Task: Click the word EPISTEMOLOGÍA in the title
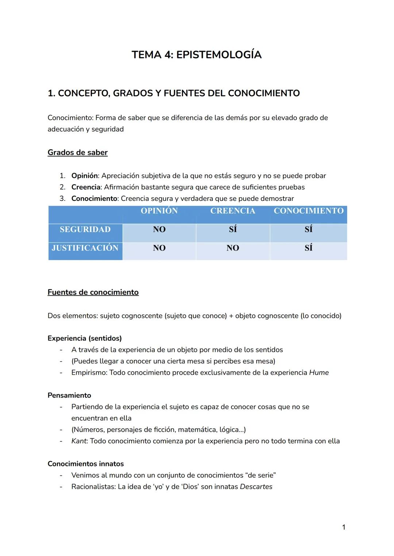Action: (x=219, y=55)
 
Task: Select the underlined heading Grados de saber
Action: (x=77, y=152)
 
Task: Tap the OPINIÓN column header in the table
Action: (x=159, y=211)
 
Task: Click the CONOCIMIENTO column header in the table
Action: (x=309, y=211)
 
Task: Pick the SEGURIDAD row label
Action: (x=85, y=229)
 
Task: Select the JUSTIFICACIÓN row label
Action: (x=85, y=248)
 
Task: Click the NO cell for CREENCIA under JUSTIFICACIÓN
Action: (x=232, y=248)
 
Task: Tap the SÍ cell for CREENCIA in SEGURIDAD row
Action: (x=232, y=229)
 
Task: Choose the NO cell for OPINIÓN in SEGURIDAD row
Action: (x=159, y=229)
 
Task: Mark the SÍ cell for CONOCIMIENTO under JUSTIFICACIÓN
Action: (x=309, y=248)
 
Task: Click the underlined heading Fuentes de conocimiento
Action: (x=93, y=292)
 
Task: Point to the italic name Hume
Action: (x=319, y=373)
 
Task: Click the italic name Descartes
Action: (x=256, y=487)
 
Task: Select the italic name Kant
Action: (x=79, y=441)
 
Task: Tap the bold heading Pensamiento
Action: (x=69, y=396)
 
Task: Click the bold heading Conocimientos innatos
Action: (x=86, y=464)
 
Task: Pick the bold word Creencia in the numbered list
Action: (x=86, y=187)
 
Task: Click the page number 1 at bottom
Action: (x=344, y=527)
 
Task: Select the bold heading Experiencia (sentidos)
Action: (x=85, y=338)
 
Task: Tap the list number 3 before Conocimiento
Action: (x=62, y=199)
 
